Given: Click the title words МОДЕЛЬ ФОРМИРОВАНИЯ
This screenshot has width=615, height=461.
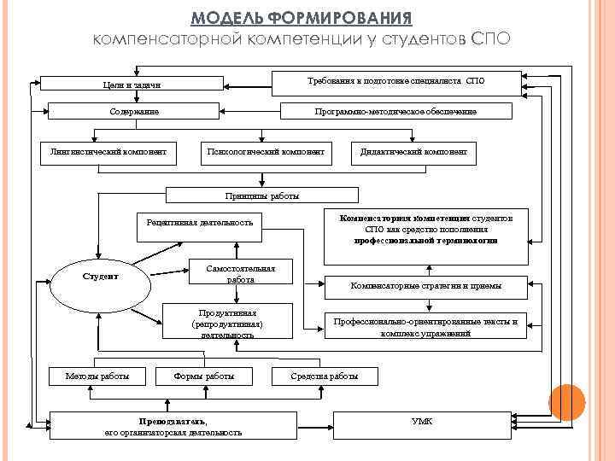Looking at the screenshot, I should pos(302,18).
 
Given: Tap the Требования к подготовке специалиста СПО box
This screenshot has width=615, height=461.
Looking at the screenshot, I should pos(395,82).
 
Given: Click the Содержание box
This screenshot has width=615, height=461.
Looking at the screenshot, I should pos(133,111).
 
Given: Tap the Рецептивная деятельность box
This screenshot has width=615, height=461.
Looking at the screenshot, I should pos(200,222).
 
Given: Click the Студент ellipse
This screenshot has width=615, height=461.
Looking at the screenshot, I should pos(100,277).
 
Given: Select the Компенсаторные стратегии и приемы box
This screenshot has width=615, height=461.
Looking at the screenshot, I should pos(425,286).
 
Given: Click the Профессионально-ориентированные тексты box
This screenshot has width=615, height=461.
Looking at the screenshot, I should pos(425,327).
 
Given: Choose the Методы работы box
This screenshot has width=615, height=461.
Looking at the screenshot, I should pos(97,376).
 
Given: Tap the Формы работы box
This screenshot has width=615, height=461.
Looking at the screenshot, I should pos(203,376).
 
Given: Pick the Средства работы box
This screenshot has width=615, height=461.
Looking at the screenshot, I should pos(325,376).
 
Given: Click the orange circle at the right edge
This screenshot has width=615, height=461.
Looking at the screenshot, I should pos(566,402).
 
